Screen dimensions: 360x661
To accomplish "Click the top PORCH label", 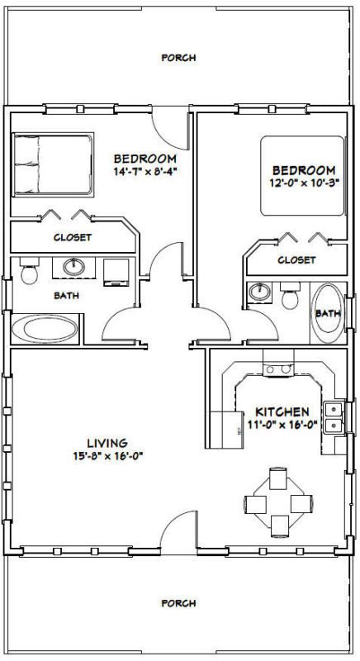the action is [x=178, y=57].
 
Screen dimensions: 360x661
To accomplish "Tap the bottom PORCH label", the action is [x=178, y=603].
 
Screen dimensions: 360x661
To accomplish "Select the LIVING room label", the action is [x=107, y=444].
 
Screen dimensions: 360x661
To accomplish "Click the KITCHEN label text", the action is [x=282, y=411].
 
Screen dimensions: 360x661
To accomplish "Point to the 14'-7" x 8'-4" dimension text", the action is [x=144, y=172].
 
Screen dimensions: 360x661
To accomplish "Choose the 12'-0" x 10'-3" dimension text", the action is [x=305, y=183].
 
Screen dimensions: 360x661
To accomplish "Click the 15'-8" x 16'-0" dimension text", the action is [x=107, y=457].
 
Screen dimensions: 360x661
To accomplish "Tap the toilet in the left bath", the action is [x=29, y=271].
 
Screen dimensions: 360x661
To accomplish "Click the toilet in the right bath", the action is [x=290, y=296].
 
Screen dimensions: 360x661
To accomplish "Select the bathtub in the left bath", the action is [x=45, y=329].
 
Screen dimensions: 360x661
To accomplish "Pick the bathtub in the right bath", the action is [x=328, y=313].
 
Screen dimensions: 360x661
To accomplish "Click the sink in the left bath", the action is [x=73, y=267].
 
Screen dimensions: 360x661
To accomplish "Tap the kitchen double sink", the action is [x=333, y=417].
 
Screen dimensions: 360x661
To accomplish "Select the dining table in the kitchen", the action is [x=278, y=502].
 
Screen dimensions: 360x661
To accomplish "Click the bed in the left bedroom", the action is [x=53, y=164].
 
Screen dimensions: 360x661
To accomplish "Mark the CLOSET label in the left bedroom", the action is [x=73, y=237].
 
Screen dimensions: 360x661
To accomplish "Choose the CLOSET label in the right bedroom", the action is [x=296, y=260].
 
